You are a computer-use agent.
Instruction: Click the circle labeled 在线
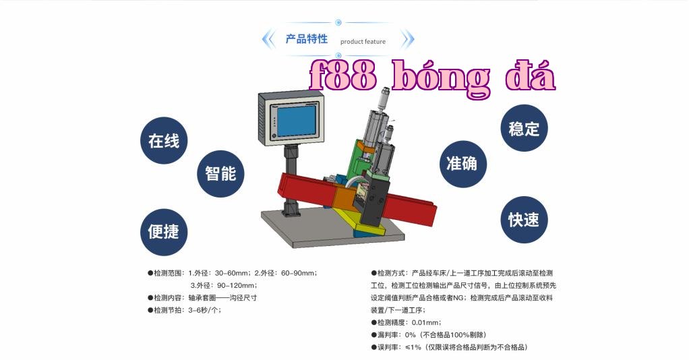point(164,141)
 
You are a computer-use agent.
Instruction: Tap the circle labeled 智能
point(220,174)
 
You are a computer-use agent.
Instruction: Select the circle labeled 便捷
point(164,232)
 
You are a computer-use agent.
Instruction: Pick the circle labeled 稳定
point(525,128)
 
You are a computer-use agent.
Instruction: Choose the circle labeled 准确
point(463,164)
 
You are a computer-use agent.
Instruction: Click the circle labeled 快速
point(525,220)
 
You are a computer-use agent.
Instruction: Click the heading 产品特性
point(307,39)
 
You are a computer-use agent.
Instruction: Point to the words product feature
point(363,42)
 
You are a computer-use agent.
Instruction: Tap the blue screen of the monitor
point(297,121)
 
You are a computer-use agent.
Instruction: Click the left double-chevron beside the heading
point(268,40)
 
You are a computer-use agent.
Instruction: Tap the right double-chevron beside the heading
point(408,40)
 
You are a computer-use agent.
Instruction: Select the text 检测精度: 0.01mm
point(406,323)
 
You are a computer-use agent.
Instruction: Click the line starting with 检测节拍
point(185,310)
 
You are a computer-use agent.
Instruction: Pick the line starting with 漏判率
point(428,335)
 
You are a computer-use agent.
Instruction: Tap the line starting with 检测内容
point(202,298)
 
